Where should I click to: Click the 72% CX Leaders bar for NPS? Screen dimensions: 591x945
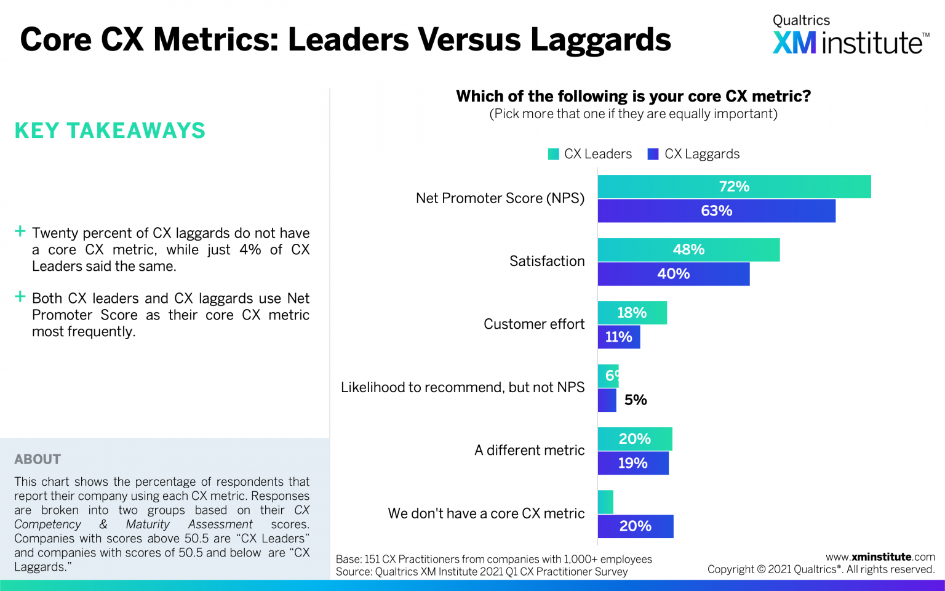734,187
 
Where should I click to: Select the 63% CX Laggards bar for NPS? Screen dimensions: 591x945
716,211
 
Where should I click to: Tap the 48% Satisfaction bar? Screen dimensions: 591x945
688,249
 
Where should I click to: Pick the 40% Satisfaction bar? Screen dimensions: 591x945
673,274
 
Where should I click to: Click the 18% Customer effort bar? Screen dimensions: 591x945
632,313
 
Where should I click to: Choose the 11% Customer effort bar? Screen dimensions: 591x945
618,337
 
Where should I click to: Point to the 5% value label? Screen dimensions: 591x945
636,400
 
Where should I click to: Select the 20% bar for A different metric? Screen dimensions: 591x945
634,439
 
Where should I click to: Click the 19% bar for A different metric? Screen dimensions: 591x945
632,463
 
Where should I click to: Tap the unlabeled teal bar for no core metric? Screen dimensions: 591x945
605,502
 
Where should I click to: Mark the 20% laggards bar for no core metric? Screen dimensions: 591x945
635,526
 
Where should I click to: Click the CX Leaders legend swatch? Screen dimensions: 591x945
554,154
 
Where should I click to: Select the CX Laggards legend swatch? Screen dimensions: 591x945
653,154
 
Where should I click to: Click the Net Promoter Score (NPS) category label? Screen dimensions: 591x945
500,198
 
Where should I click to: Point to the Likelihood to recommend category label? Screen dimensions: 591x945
463,387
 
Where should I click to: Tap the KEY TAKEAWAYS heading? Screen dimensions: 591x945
110,131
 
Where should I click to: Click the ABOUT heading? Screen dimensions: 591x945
38,459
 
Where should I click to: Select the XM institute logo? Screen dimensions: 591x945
850,36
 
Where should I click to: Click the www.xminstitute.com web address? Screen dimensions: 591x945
880,557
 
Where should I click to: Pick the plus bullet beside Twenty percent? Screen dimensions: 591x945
20,231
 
